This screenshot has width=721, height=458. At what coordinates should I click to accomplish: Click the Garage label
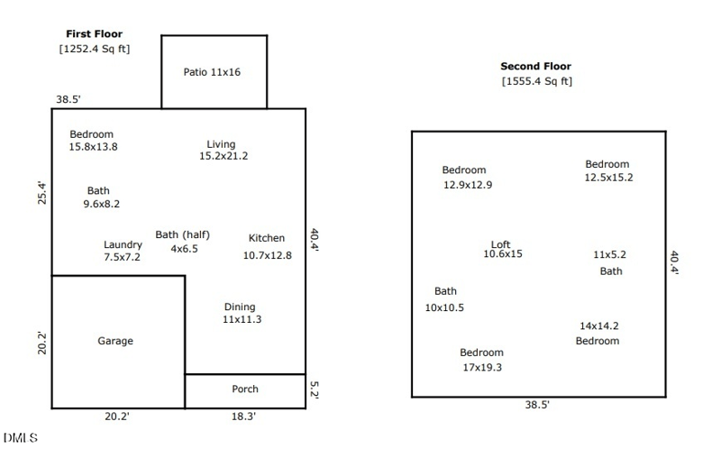tap(115, 341)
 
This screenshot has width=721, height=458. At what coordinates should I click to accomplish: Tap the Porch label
tap(245, 389)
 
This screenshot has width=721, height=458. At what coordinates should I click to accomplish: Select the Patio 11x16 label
tap(212, 72)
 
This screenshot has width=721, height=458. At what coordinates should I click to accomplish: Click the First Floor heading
tap(95, 33)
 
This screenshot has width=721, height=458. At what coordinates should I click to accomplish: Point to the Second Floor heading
tap(535, 66)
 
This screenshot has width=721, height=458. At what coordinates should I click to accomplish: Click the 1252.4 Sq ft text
tap(95, 49)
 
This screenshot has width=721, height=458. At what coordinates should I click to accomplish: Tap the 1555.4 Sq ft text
tap(536, 81)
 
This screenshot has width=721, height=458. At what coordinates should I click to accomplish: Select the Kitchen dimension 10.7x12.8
tap(267, 255)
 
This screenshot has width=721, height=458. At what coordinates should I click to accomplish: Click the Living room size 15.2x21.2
tap(224, 156)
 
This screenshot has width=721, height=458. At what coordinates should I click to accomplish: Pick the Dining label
tap(240, 307)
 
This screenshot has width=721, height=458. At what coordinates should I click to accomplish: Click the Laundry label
tap(123, 244)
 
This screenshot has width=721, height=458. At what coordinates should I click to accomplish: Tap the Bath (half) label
tap(183, 235)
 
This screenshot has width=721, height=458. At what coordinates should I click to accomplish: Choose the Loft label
tap(501, 244)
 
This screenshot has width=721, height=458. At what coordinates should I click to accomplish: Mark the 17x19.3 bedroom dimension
tap(482, 368)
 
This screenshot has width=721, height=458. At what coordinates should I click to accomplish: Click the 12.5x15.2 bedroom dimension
tap(609, 178)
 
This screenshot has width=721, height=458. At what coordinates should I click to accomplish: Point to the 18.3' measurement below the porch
tap(243, 417)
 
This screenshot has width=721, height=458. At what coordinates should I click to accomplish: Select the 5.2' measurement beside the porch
tap(315, 389)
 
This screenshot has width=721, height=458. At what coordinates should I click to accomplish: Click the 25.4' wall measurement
tap(41, 193)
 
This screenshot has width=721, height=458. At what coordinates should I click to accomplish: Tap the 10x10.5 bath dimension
tap(444, 307)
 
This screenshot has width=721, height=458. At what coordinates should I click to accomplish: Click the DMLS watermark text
tap(21, 438)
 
